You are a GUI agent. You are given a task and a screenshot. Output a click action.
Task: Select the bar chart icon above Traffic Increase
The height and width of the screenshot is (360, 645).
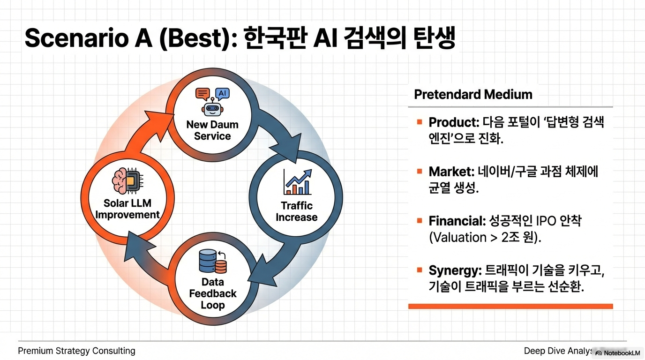click(297, 182)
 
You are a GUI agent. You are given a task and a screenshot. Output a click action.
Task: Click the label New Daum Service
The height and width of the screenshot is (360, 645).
click(212, 130)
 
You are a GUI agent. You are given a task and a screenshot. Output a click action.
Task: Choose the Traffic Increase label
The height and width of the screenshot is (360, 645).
click(297, 211)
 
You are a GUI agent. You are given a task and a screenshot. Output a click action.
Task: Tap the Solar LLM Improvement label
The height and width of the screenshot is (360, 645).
click(127, 209)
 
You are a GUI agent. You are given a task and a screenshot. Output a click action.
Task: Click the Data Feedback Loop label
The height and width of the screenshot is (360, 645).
click(213, 293)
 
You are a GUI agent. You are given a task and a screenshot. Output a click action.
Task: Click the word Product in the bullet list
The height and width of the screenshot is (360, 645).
click(453, 122)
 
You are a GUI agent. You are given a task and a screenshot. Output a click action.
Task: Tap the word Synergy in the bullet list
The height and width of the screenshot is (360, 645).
click(455, 270)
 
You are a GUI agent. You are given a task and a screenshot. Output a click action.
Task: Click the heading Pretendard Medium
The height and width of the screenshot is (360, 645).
click(473, 95)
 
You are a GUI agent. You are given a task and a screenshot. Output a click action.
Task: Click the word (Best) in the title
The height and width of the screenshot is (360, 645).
click(197, 38)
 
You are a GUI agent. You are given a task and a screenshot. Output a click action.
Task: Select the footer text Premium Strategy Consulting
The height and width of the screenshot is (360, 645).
click(76, 351)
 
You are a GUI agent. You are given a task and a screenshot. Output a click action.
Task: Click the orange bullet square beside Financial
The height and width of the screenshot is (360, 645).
click(420, 221)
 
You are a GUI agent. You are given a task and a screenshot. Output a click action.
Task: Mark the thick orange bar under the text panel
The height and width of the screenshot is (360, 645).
click(510, 306)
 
